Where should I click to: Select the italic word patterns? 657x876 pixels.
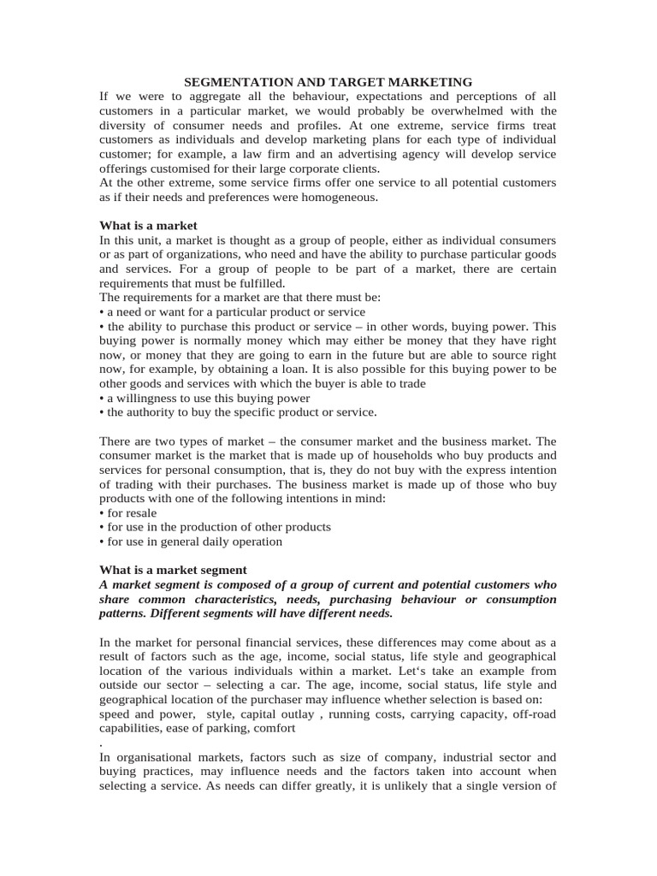(x=127, y=613)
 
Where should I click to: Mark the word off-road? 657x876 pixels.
(x=530, y=713)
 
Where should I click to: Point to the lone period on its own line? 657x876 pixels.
(x=102, y=743)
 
